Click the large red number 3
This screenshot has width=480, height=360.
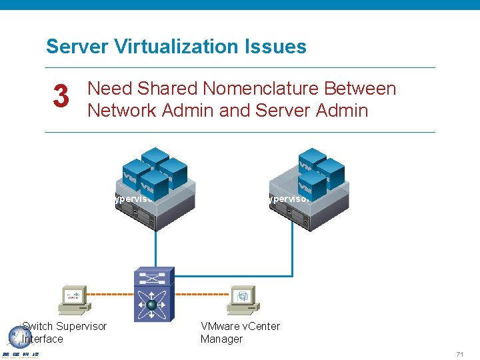coord(61,97)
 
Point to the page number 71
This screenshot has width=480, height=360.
coord(460,353)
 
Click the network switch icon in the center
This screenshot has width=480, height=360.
coord(154,294)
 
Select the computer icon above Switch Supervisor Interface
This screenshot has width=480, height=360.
coord(75,299)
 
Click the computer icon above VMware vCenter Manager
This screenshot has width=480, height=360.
coord(243,299)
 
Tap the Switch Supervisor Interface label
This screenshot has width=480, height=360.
coord(63,332)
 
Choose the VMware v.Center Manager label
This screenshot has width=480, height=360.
coord(240,332)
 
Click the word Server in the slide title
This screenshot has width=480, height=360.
coord(71,47)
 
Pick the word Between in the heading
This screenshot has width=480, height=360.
coord(363,89)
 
